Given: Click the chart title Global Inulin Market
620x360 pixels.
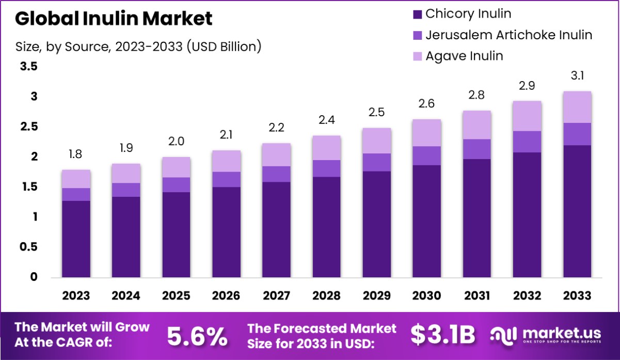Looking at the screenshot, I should coord(114,19).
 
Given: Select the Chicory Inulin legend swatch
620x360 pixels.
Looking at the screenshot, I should coord(417,14).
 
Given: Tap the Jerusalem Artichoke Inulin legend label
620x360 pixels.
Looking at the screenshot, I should coord(508,35).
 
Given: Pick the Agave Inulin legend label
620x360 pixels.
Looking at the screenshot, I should coord(464,56).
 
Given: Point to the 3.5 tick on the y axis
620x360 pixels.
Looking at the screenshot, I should coord(28,67).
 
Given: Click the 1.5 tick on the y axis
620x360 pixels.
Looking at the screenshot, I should coord(28,187).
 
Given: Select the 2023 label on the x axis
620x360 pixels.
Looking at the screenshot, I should coord(76,296).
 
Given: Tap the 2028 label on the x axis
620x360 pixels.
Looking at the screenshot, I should coord(326,296).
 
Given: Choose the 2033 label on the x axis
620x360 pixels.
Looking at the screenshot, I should coord(577,296).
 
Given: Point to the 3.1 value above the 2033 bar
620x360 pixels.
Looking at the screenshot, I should coord(577,76).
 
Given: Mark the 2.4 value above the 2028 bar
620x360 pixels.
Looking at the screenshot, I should coord(326,121).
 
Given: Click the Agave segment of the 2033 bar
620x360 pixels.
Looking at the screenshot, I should coord(577,107).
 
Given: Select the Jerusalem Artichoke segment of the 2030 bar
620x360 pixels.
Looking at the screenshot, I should coord(426,156).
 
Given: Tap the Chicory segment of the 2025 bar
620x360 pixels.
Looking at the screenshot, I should coord(176,235).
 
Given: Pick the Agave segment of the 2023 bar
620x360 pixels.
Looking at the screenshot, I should coord(76,179).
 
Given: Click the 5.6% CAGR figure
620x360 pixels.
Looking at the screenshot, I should coord(197,336).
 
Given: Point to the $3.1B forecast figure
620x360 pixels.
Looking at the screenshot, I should coord(442,335).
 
